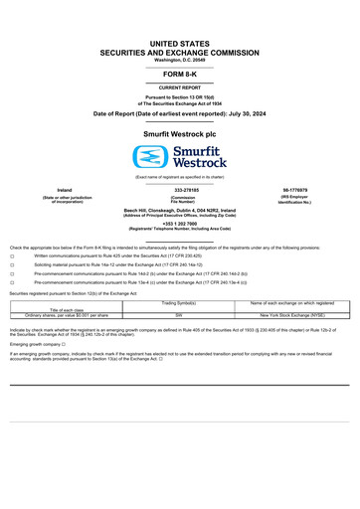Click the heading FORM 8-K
tap(180, 75)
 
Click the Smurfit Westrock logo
tap(180, 155)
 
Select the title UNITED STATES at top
tap(180, 45)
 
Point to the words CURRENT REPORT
tap(180, 87)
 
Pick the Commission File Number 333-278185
tap(180, 189)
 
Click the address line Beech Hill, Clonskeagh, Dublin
tap(180, 211)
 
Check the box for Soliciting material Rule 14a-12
tap(12, 265)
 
